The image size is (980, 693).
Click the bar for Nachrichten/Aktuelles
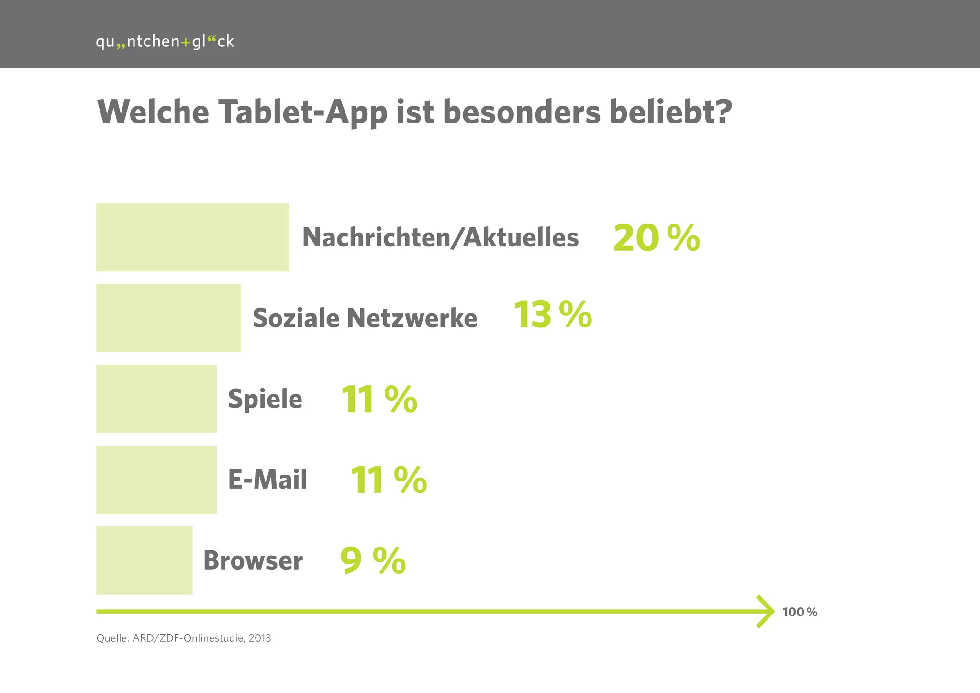click(192, 237)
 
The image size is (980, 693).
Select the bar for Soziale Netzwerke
click(168, 318)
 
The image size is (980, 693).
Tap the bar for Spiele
click(156, 399)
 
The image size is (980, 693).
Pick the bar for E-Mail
click(156, 480)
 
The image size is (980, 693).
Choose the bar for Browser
click(144, 560)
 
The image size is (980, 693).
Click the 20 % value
click(656, 238)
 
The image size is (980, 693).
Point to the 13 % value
click(553, 315)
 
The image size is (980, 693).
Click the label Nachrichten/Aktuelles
click(440, 237)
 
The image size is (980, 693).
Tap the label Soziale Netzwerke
click(365, 318)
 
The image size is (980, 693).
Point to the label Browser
click(253, 560)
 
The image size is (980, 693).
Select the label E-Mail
click(267, 480)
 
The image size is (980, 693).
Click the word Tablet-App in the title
click(302, 113)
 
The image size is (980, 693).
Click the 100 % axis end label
click(800, 612)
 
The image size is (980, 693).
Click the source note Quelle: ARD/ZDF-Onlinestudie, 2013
click(184, 638)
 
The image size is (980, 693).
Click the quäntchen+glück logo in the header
click(165, 42)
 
